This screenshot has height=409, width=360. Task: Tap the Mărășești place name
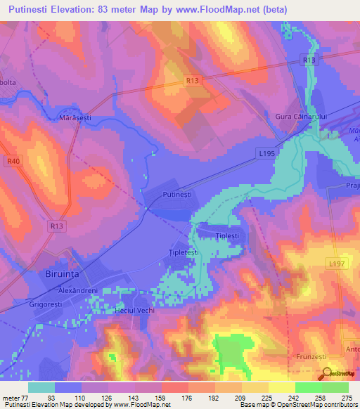[x=78, y=119]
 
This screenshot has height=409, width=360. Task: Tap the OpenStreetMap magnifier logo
[x=324, y=374]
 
